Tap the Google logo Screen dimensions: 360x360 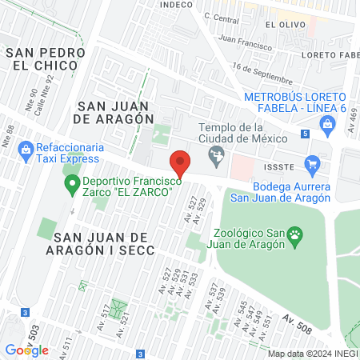pyautogui.click(x=27, y=350)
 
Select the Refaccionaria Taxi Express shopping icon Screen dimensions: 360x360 pyautogui.click(x=26, y=148)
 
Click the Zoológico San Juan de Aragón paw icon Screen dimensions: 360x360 pyautogui.click(x=297, y=235)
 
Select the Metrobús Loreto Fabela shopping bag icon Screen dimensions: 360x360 pyautogui.click(x=327, y=123)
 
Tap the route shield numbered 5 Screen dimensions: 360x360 pyautogui.click(x=305, y=134)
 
